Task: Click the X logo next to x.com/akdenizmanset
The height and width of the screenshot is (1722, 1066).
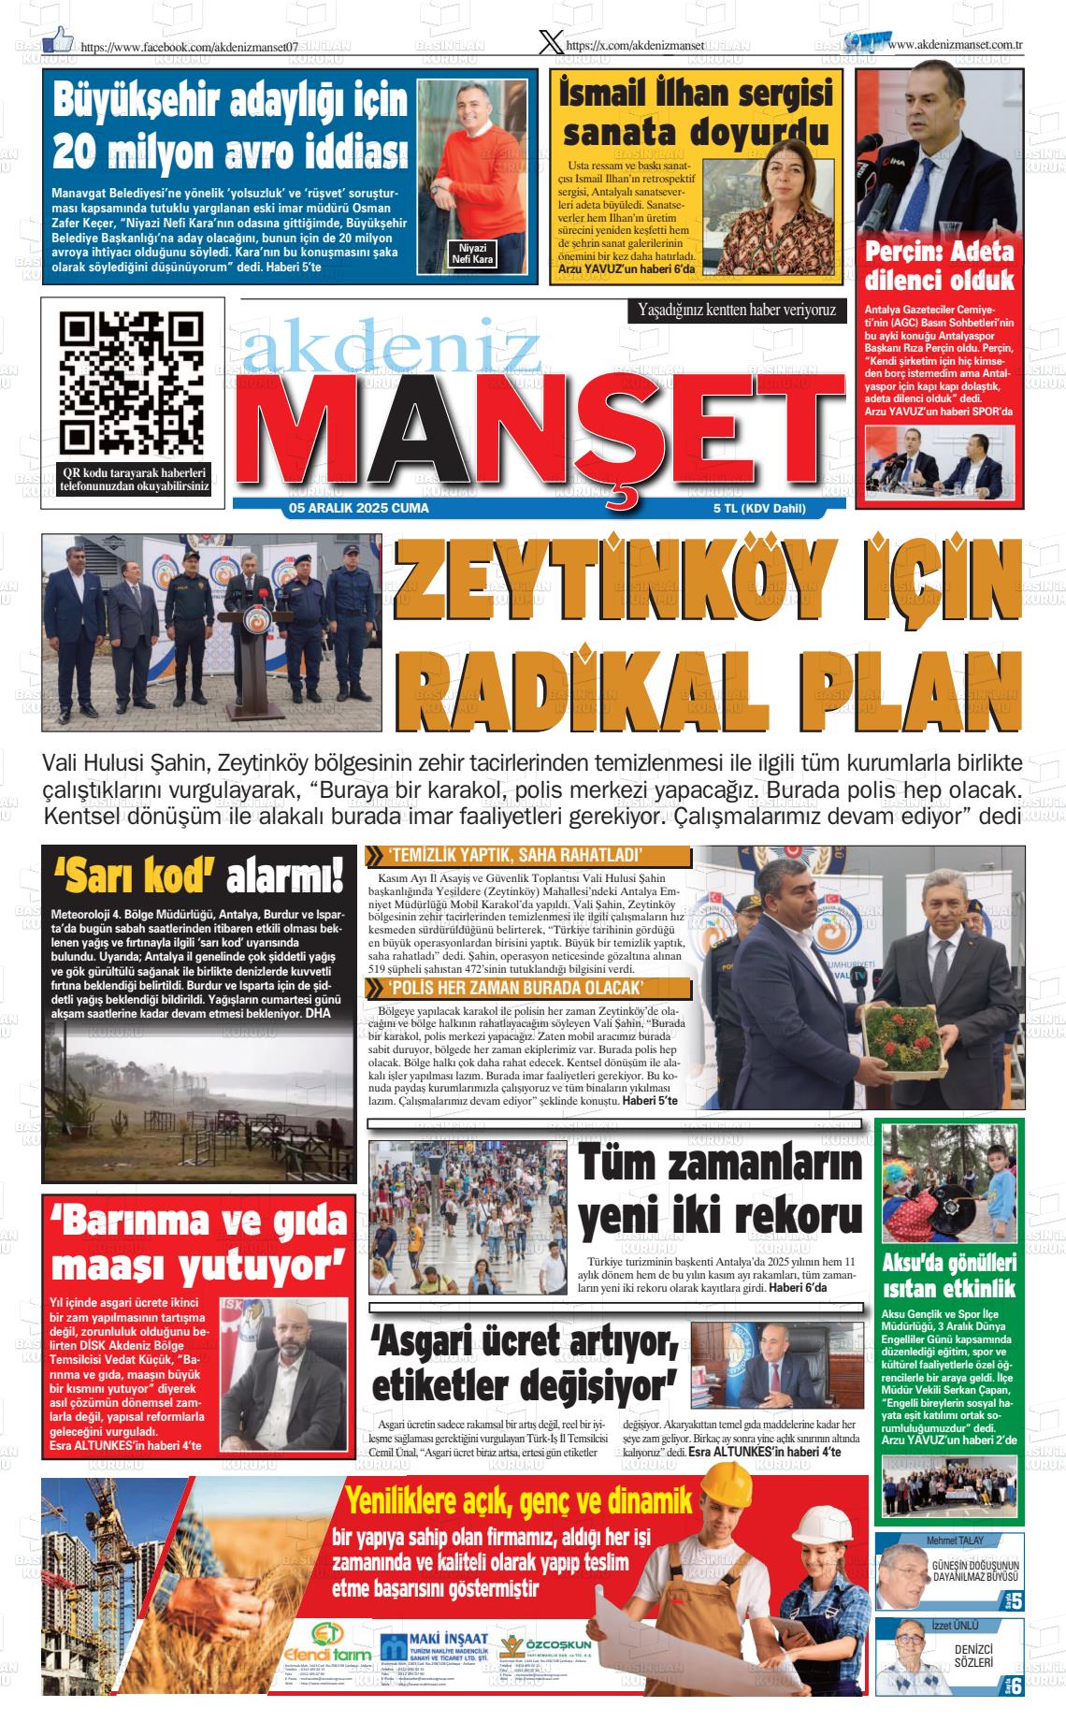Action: point(552,41)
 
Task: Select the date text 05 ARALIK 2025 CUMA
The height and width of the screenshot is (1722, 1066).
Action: point(359,509)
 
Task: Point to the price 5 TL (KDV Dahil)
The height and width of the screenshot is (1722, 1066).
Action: point(758,509)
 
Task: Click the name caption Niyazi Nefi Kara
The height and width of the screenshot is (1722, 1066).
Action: point(472,253)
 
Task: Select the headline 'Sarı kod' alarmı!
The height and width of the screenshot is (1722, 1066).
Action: point(199,876)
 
